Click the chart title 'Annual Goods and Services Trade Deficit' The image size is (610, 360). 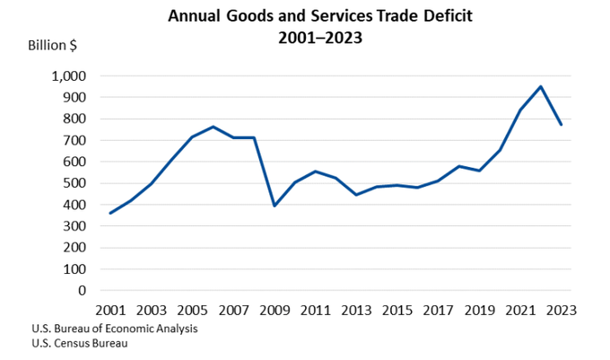304,15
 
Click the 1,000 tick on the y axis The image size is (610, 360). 69,75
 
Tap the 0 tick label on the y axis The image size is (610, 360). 83,291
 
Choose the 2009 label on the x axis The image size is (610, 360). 274,310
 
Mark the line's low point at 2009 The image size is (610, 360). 274,206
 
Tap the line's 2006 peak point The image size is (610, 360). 213,127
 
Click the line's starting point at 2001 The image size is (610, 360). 110,213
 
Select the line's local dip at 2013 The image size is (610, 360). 355,195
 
